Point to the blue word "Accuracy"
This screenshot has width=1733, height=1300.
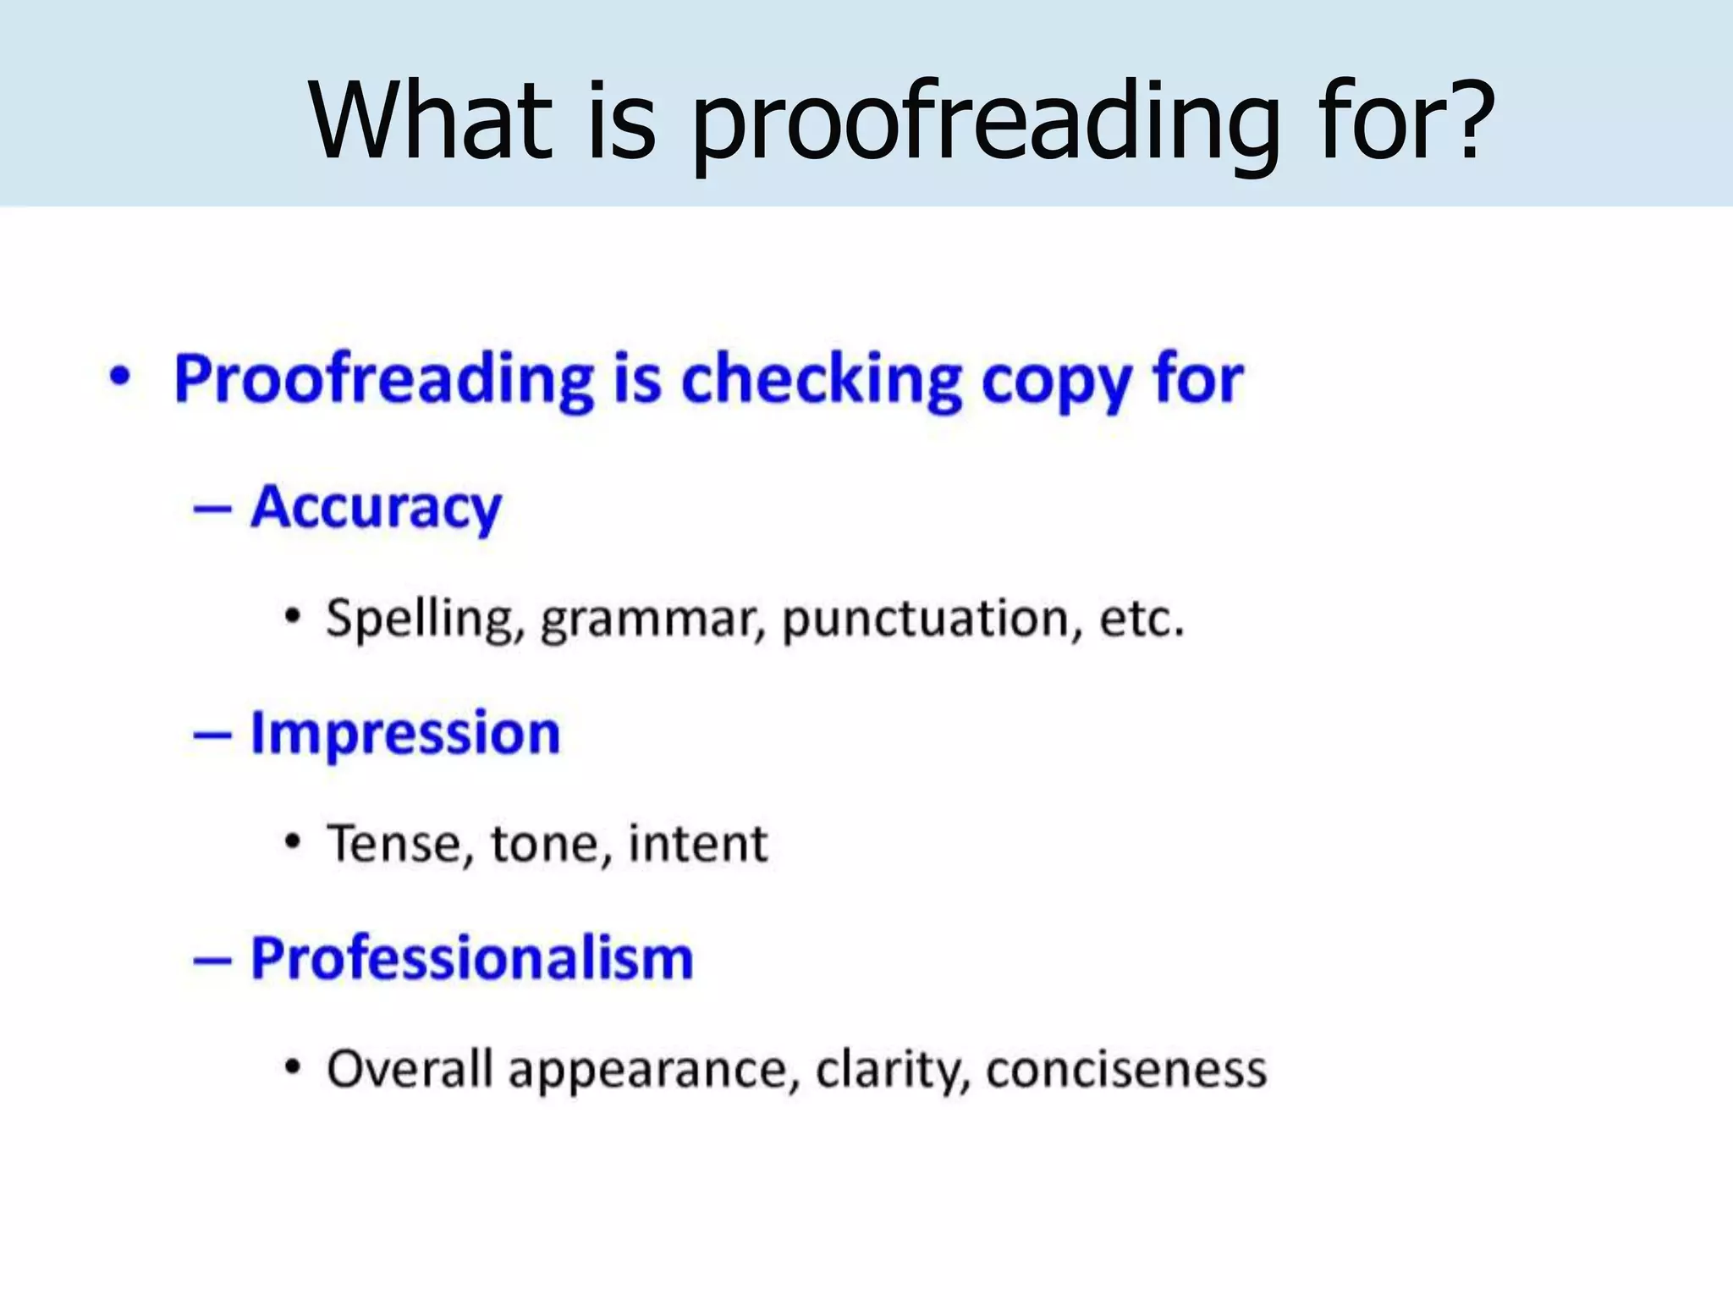376,509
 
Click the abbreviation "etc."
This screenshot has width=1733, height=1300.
1142,618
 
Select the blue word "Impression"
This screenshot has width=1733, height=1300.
405,733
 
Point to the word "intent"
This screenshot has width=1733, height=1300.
698,844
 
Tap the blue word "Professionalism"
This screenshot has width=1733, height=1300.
472,959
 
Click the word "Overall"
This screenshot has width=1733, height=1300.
410,1069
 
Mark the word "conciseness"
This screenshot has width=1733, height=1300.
1126,1069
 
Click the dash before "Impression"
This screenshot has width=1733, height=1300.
212,735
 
